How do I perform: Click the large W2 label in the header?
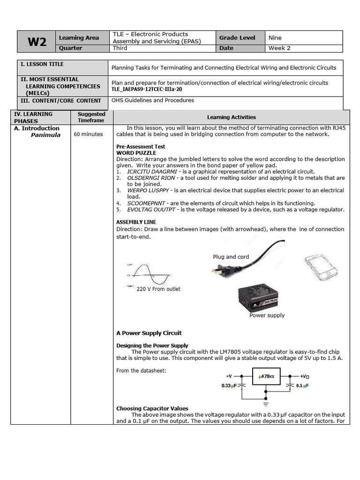click(x=37, y=42)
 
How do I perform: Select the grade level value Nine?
click(x=275, y=37)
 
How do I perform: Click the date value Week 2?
click(x=279, y=48)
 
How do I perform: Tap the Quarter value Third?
click(x=120, y=48)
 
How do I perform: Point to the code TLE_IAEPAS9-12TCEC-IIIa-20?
click(x=146, y=89)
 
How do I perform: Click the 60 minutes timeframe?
click(x=88, y=134)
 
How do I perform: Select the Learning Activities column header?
click(x=231, y=117)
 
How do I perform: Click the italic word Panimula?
click(x=45, y=135)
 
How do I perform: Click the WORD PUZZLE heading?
click(x=136, y=153)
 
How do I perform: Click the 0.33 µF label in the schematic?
click(x=229, y=386)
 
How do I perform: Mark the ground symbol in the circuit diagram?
click(x=266, y=403)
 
